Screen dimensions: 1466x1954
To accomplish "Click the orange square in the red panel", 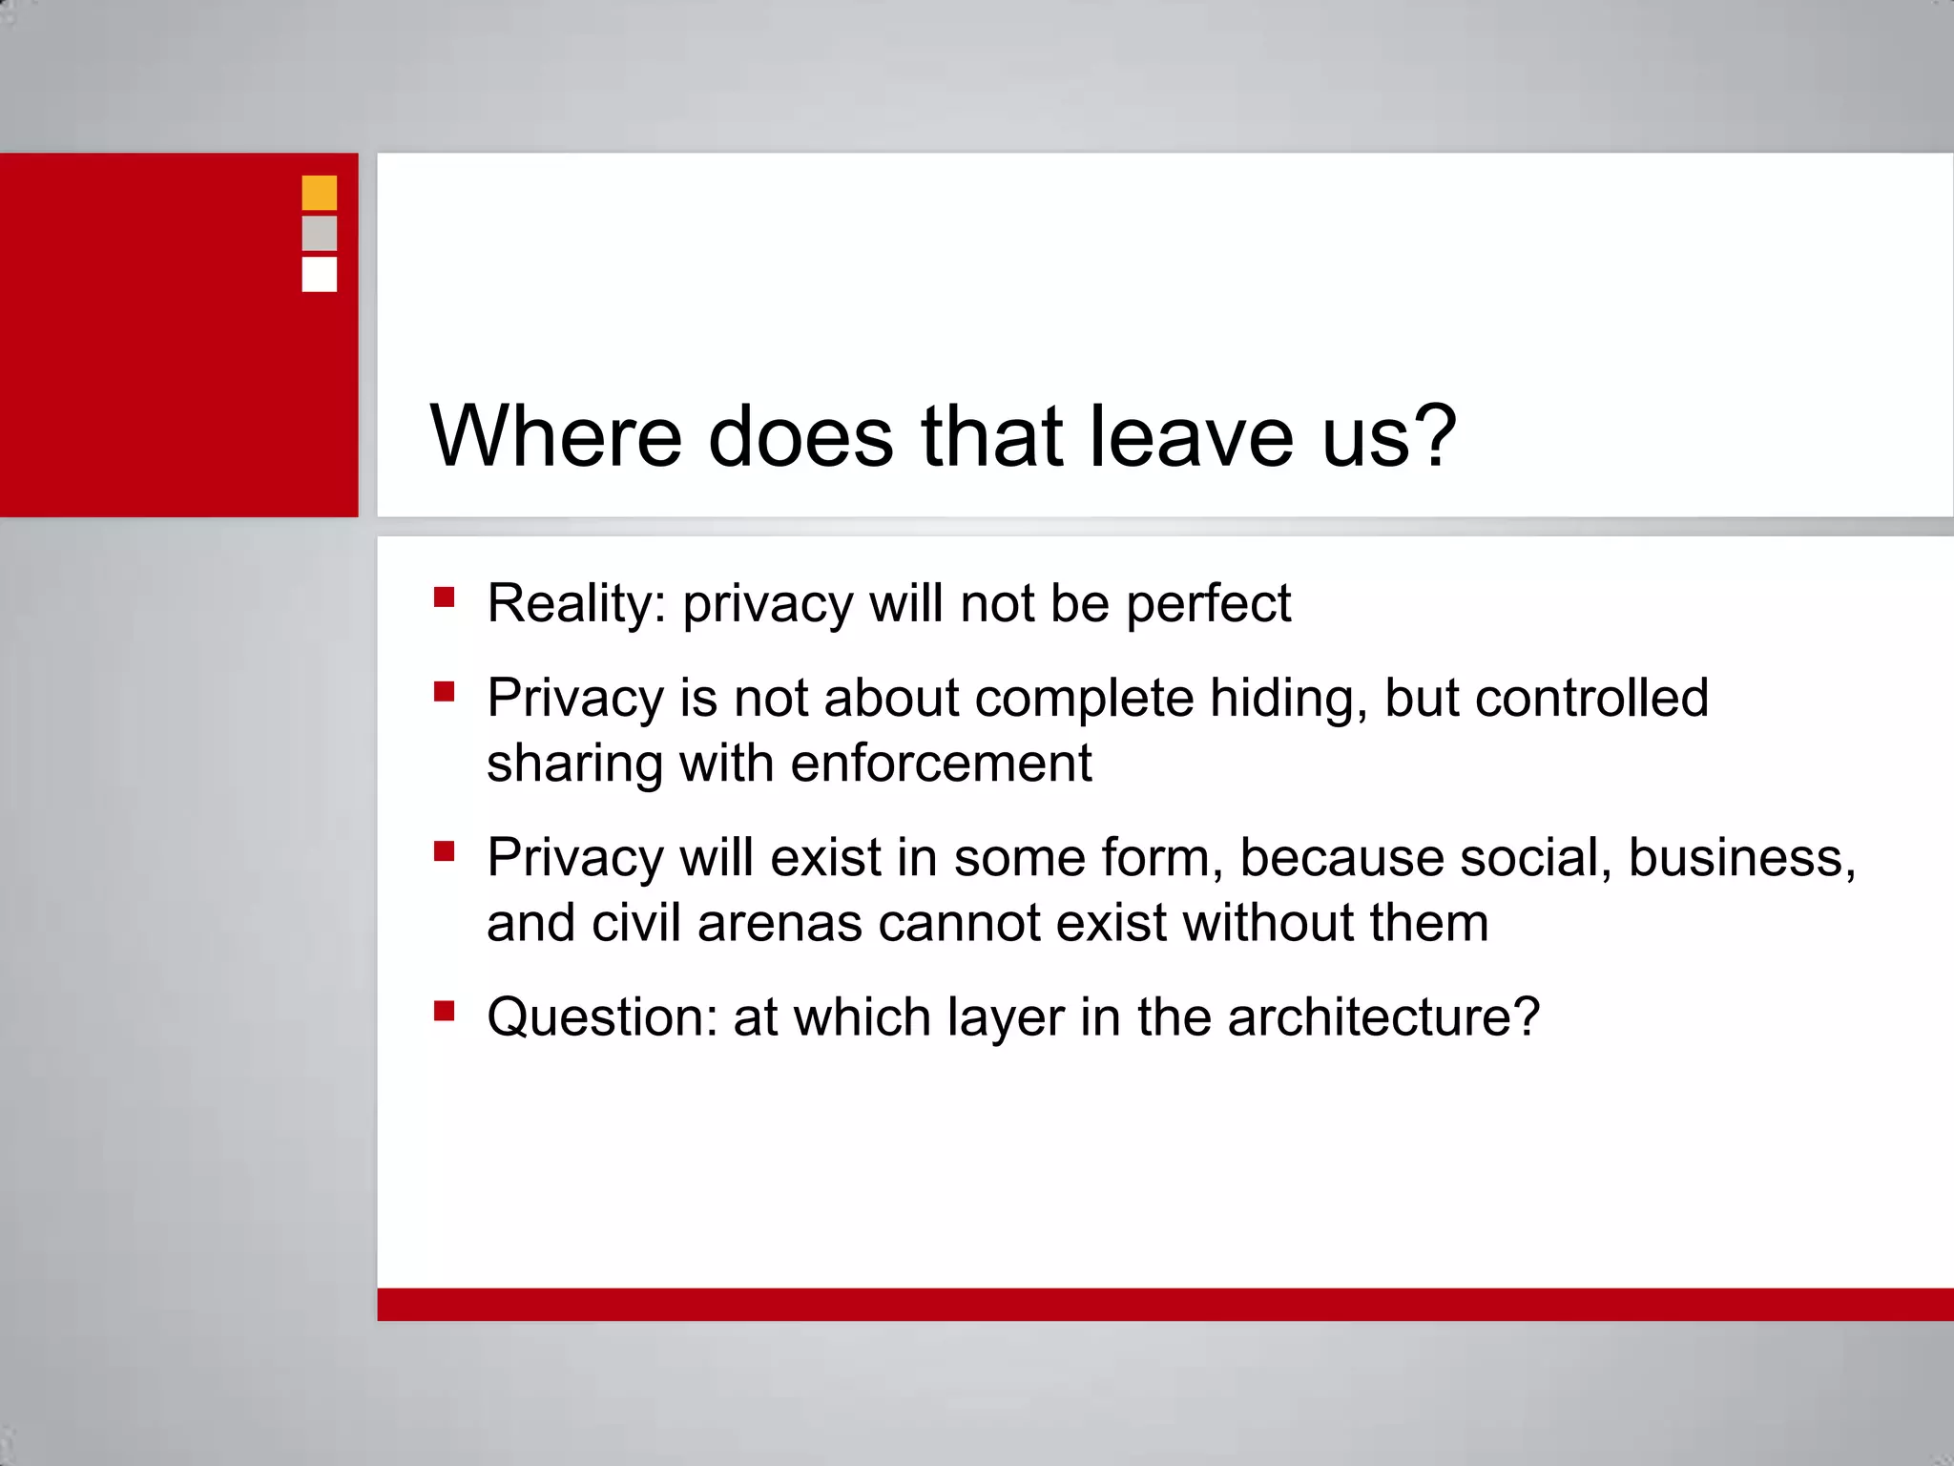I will pyautogui.click(x=319, y=193).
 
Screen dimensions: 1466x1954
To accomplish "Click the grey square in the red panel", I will pyautogui.click(x=319, y=233).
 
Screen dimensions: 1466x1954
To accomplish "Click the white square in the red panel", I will pyautogui.click(x=319, y=274).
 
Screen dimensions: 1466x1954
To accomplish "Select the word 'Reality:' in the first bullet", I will pyautogui.click(x=576, y=603).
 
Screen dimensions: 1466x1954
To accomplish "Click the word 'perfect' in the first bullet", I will pyautogui.click(x=1208, y=603).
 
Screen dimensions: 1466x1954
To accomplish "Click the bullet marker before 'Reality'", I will pyautogui.click(x=444, y=597).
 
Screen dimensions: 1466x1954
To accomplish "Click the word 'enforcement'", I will pyautogui.click(x=941, y=763).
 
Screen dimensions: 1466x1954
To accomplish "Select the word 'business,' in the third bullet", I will pyautogui.click(x=1742, y=857).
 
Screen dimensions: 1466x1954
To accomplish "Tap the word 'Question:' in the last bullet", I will pyautogui.click(x=602, y=1016).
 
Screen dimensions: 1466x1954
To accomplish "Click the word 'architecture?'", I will pyautogui.click(x=1383, y=1016).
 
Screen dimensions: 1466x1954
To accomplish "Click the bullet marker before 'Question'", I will pyautogui.click(x=444, y=1010).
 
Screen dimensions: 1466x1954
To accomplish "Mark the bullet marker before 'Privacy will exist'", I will pyautogui.click(x=444, y=850).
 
